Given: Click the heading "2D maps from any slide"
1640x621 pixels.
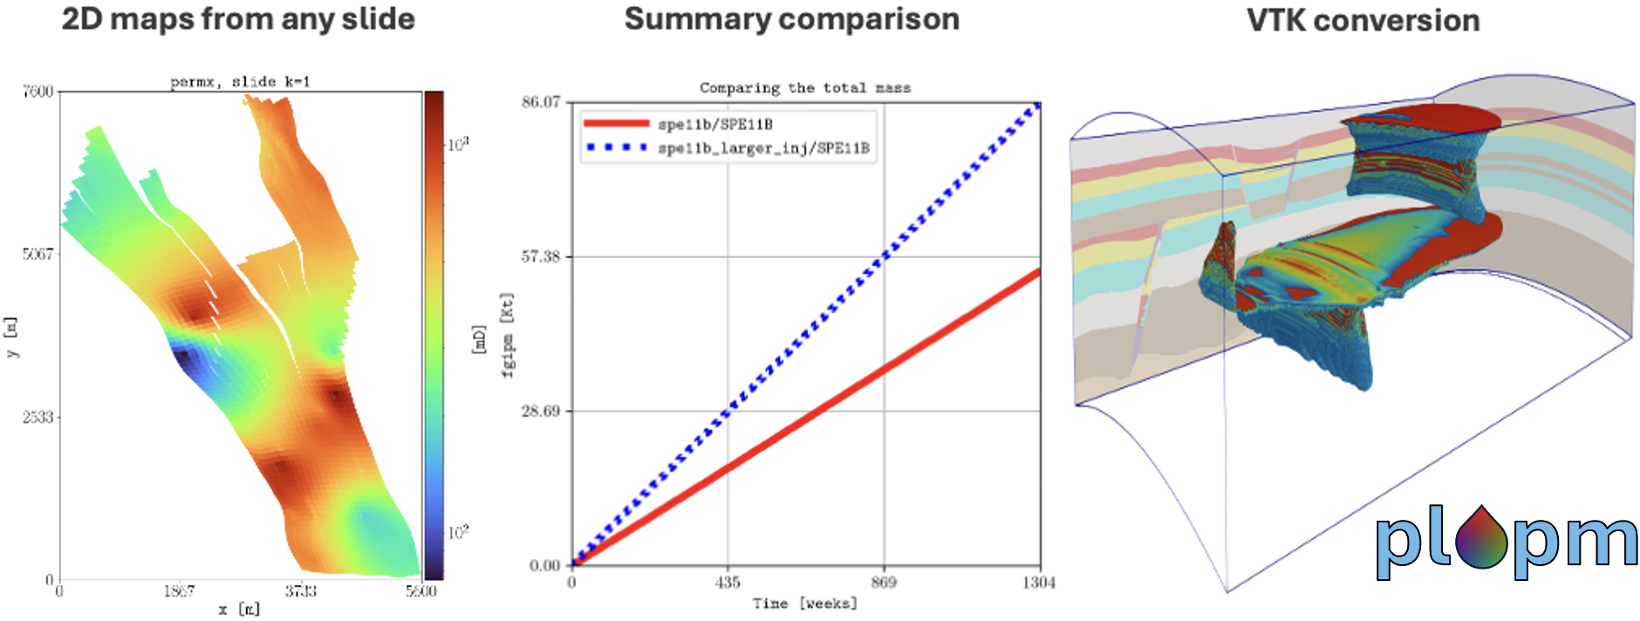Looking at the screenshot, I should [x=237, y=19].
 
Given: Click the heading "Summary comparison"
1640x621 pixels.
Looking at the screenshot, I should [x=791, y=19].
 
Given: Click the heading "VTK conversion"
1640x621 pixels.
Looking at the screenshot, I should [x=1363, y=21].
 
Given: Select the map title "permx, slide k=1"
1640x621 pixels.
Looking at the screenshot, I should [x=240, y=82].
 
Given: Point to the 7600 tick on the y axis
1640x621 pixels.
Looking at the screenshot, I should [x=38, y=92].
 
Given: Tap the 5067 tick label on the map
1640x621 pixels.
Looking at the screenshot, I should [x=38, y=255].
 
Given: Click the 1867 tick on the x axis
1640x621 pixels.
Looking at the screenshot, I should [x=179, y=591].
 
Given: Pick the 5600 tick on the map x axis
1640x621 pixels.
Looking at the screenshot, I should [x=420, y=591].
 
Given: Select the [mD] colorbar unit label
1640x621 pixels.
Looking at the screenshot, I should [x=478, y=338].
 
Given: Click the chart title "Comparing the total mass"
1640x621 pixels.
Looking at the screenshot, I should [x=804, y=88].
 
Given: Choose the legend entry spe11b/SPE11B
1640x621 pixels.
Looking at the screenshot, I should [x=714, y=125].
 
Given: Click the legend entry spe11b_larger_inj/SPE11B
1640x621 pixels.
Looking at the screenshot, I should [x=763, y=148].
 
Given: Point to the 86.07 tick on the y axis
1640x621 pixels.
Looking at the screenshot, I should [x=541, y=102].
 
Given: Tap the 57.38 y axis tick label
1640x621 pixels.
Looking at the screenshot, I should [x=541, y=256].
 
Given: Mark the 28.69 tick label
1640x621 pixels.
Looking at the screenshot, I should [x=541, y=411].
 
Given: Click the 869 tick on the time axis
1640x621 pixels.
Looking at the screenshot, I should [x=884, y=583].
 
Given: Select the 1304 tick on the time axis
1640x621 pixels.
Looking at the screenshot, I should [x=1038, y=583].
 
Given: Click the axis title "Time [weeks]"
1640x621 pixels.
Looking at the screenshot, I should [x=804, y=604].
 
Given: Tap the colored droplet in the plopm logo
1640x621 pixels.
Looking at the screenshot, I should [x=1481, y=538].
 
